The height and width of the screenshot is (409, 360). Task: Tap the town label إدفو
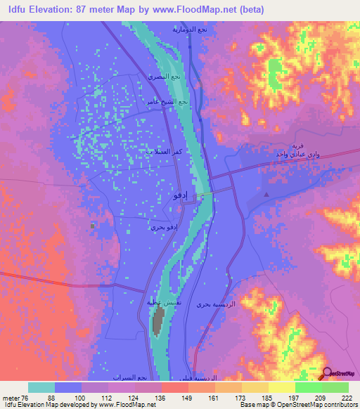pyautogui.click(x=181, y=197)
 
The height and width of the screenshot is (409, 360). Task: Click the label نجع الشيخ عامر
pyautogui.click(x=168, y=102)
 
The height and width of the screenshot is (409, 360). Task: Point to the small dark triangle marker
pyautogui.click(x=266, y=193)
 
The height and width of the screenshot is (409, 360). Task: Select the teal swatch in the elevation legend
pyautogui.click(x=42, y=388)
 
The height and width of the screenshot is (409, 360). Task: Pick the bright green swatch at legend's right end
pyautogui.click(x=335, y=388)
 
